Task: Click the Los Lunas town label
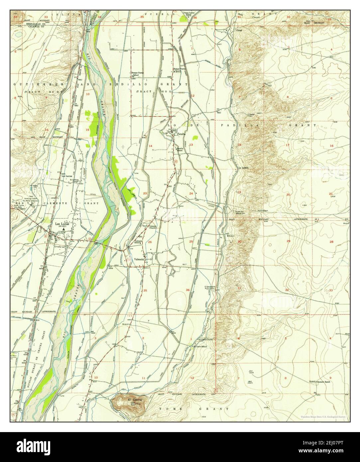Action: click(x=62, y=224)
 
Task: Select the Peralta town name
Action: click(x=181, y=134)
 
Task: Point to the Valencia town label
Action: click(x=139, y=259)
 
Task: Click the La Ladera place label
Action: click(x=244, y=168)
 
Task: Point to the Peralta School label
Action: click(x=180, y=150)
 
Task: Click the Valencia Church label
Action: click(x=153, y=227)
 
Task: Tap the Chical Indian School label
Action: click(x=190, y=15)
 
